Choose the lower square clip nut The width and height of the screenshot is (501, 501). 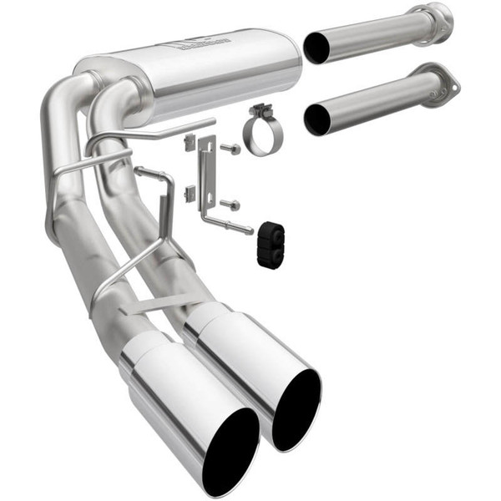point(190,195)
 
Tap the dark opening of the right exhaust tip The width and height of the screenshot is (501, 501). point(297,406)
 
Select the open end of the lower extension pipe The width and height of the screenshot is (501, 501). point(317,120)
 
